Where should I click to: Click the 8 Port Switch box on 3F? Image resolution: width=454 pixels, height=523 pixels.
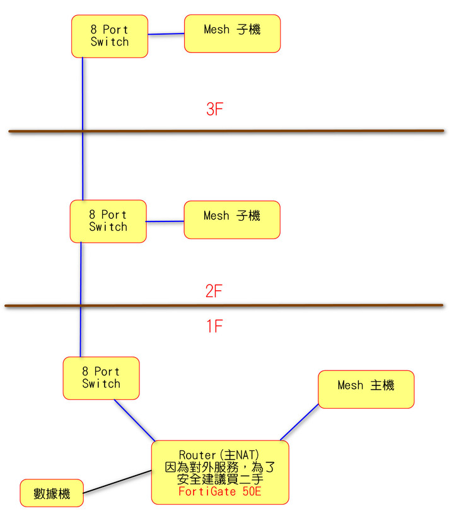[x=110, y=36]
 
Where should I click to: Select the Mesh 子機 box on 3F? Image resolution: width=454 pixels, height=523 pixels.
[x=232, y=33]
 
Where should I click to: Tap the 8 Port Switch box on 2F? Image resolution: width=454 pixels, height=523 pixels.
[x=108, y=221]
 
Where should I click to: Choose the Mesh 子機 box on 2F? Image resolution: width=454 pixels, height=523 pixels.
[x=232, y=220]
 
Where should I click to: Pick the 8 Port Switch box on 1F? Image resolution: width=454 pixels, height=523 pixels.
[x=102, y=378]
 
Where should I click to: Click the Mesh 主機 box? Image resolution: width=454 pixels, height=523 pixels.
[x=366, y=389]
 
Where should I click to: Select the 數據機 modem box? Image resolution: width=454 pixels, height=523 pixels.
[x=52, y=493]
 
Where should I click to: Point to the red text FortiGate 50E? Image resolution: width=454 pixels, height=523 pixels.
[x=220, y=491]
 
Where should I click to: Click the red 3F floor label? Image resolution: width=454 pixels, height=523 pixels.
[x=214, y=109]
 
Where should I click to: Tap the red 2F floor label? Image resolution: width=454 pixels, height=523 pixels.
[x=214, y=291]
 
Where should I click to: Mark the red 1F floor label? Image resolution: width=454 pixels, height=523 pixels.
[x=214, y=326]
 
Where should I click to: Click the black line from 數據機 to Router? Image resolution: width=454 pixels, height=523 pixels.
[x=117, y=481]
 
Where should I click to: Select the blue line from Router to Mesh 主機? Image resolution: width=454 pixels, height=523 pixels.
[x=300, y=422]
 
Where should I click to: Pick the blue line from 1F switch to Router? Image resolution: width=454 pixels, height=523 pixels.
[x=135, y=420]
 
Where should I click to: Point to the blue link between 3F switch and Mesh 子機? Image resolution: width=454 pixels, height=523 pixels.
[x=166, y=33]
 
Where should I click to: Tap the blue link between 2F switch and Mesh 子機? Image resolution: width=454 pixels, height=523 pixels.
[x=165, y=221]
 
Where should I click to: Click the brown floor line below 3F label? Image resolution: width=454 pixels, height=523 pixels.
[x=226, y=131]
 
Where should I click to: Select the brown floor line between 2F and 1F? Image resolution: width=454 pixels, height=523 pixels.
[x=224, y=305]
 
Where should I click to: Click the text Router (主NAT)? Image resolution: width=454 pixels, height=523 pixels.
[x=219, y=455]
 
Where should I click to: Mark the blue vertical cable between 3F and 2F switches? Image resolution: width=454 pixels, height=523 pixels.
[x=83, y=129]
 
